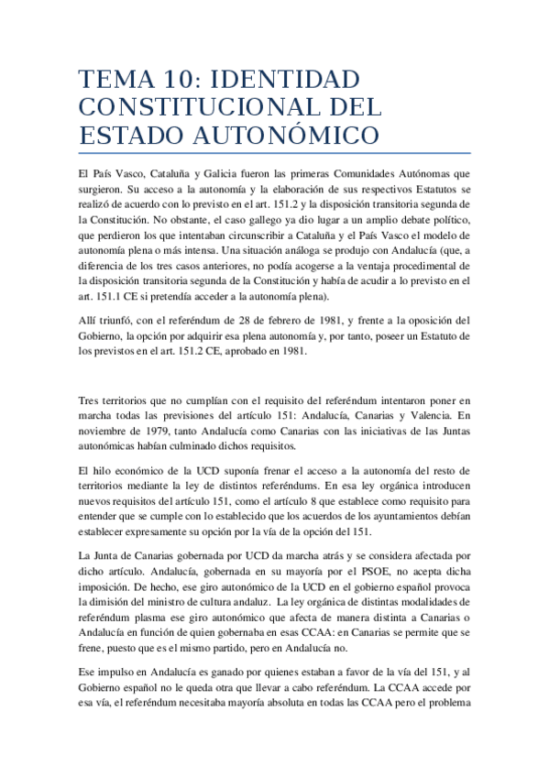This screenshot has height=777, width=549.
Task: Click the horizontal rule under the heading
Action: [x=274, y=153]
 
